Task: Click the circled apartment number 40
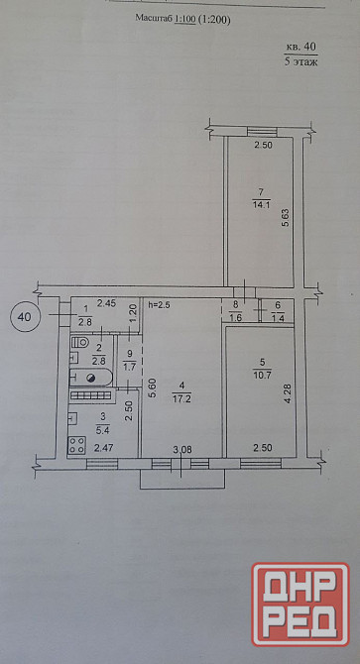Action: [x=25, y=316]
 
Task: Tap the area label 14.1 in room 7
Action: [x=259, y=206]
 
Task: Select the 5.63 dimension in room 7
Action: [x=286, y=218]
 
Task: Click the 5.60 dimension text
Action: [x=154, y=387]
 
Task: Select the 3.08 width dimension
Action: [x=182, y=450]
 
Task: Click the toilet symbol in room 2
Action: [x=79, y=342]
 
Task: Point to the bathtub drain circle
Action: [x=90, y=379]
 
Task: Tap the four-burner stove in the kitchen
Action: [x=76, y=445]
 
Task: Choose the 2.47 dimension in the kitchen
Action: [x=103, y=448]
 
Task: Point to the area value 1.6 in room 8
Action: [x=237, y=318]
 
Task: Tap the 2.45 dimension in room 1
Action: [x=106, y=303]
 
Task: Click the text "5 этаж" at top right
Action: [x=301, y=61]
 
